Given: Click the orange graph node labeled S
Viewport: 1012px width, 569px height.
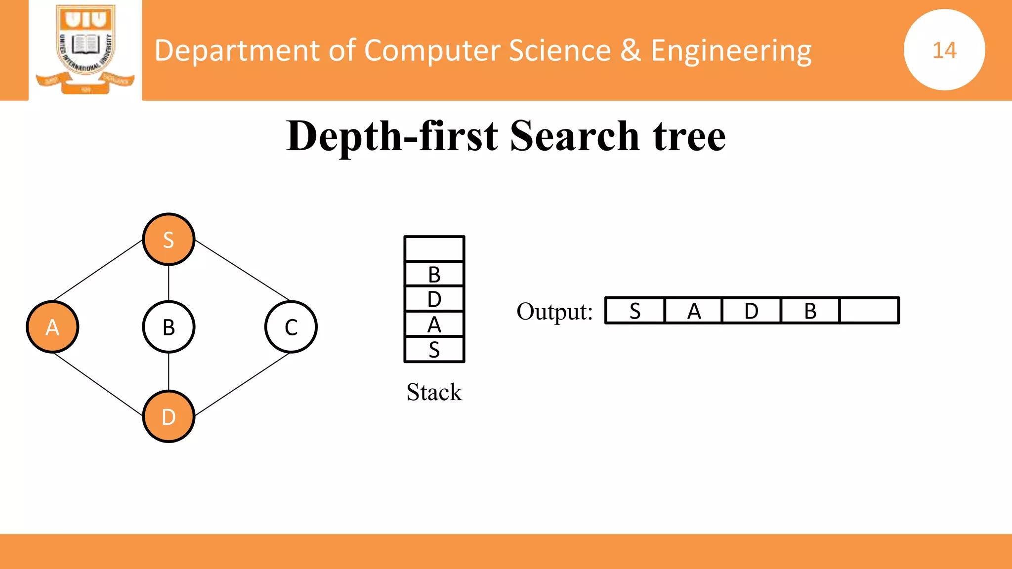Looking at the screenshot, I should pos(169,240).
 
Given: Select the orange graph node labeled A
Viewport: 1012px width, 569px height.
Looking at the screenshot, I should pos(52,327).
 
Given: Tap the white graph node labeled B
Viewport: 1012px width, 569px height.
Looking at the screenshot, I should pos(169,327).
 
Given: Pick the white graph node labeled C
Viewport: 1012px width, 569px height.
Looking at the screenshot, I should pos(291,327).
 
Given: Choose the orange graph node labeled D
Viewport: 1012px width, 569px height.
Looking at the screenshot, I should pos(169,417).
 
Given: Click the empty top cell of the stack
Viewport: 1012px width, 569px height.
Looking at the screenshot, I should pos(434,249).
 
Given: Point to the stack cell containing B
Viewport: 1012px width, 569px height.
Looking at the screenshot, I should pos(434,274).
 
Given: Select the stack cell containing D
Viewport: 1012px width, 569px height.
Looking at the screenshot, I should pos(434,299).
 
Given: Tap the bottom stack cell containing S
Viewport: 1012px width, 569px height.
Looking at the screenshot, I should pos(434,350).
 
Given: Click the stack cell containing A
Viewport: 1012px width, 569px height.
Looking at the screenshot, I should pos(434,325).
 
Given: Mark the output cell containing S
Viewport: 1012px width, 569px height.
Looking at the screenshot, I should pos(635,311).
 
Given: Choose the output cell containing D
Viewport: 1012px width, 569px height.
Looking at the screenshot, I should pos(752,311).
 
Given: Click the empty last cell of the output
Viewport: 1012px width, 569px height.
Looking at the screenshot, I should pos(869,311).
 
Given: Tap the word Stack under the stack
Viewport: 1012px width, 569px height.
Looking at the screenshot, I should pos(434,392).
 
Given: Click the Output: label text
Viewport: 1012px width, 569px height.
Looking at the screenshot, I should pos(554,312).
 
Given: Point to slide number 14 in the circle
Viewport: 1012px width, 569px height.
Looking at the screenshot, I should pos(944,50).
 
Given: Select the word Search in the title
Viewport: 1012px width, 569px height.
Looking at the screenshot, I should pos(575,136).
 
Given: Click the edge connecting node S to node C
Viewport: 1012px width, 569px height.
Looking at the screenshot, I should pos(242,270).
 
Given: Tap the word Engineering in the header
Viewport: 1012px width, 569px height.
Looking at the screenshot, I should pos(731,50).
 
